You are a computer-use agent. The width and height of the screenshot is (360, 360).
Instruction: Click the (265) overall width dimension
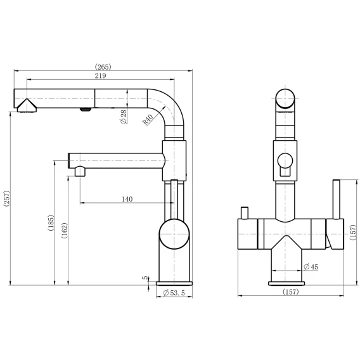(x=103, y=67)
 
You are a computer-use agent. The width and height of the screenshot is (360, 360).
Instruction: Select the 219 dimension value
(x=101, y=75)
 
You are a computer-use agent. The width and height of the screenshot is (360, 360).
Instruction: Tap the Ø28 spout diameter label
(x=124, y=117)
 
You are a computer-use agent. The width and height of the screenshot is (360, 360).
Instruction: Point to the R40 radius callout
(x=148, y=119)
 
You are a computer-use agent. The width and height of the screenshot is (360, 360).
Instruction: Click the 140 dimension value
(x=127, y=199)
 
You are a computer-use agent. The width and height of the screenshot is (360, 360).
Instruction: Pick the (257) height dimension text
(x=7, y=198)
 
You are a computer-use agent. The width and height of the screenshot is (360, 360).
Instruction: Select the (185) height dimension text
(x=51, y=222)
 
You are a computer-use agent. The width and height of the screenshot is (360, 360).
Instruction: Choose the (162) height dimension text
(x=64, y=231)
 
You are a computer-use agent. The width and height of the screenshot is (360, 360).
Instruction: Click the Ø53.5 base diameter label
(x=174, y=293)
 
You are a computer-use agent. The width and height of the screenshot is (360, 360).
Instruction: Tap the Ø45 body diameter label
(x=311, y=267)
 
